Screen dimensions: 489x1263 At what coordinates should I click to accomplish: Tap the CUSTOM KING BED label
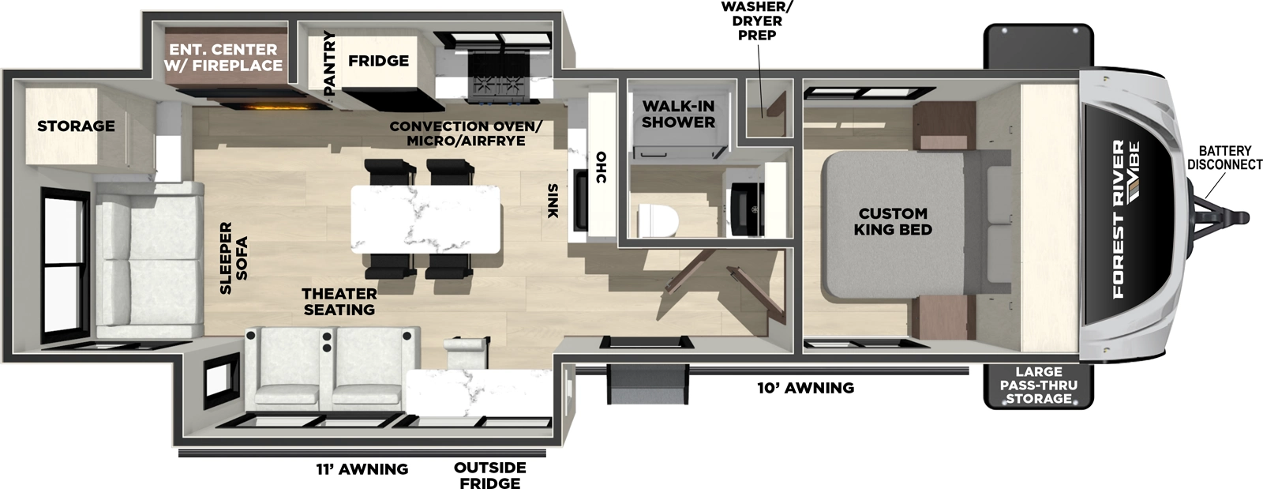pyautogui.click(x=893, y=221)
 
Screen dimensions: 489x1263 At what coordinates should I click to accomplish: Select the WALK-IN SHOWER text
pyautogui.click(x=678, y=115)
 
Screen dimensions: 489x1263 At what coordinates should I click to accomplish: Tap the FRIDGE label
pyautogui.click(x=379, y=61)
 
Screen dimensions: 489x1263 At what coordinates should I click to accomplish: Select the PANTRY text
pyautogui.click(x=330, y=63)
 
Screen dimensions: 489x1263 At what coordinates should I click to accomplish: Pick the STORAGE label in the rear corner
pyautogui.click(x=76, y=126)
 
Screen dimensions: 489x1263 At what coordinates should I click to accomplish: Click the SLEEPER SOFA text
pyautogui.click(x=234, y=258)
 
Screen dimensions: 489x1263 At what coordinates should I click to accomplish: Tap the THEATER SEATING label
pyautogui.click(x=339, y=302)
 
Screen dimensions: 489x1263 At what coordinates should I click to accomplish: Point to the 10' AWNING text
pyautogui.click(x=805, y=388)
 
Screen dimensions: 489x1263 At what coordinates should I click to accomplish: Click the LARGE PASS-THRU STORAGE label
pyautogui.click(x=1038, y=385)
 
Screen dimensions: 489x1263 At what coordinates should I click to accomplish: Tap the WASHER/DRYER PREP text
pyautogui.click(x=757, y=21)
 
